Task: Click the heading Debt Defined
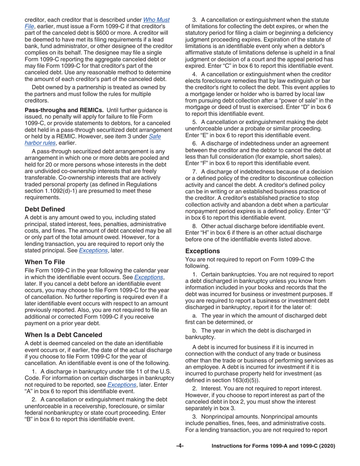click(x=45, y=209)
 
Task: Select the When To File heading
click(x=45, y=262)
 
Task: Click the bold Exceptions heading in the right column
click(x=202, y=251)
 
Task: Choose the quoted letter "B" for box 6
click(x=31, y=419)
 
